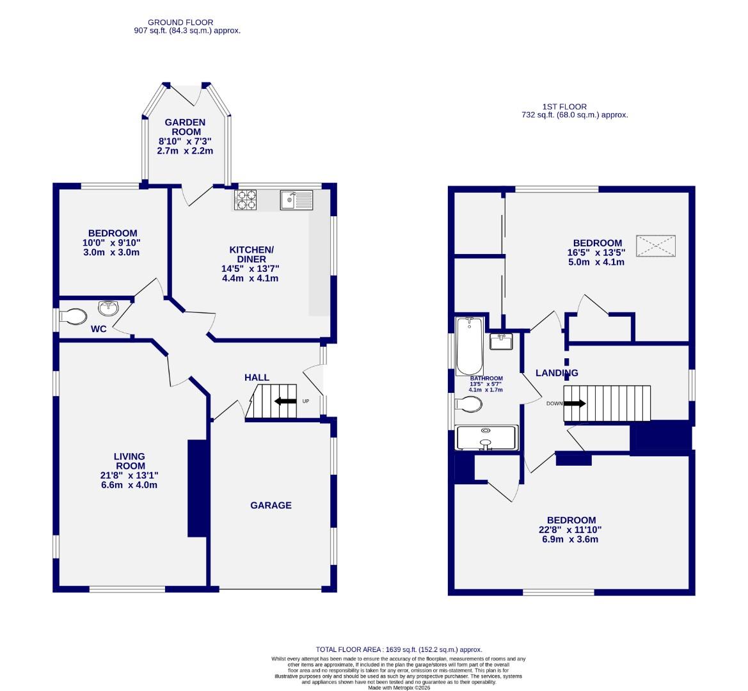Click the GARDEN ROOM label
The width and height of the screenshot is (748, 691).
[185, 127]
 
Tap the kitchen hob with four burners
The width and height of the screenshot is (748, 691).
[245, 200]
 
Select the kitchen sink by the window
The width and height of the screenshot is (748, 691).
[296, 200]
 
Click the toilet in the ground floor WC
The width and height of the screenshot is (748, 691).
[73, 316]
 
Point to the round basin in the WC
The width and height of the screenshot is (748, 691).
[109, 308]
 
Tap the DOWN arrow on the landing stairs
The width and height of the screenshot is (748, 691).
[575, 404]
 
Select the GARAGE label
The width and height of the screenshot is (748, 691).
[271, 505]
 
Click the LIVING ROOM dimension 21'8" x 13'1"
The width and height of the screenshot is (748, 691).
[129, 475]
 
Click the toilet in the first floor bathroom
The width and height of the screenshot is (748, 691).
[469, 404]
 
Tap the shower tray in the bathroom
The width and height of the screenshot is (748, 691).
[486, 438]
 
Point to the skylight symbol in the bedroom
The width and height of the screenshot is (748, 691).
[656, 246]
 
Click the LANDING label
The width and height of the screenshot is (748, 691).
[557, 373]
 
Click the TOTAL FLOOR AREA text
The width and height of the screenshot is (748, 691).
[399, 649]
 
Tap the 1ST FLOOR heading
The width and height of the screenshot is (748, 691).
[563, 107]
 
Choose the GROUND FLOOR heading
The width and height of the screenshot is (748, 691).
[171, 22]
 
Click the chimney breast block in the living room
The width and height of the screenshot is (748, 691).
[197, 488]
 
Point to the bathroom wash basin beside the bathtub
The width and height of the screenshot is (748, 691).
[501, 342]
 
